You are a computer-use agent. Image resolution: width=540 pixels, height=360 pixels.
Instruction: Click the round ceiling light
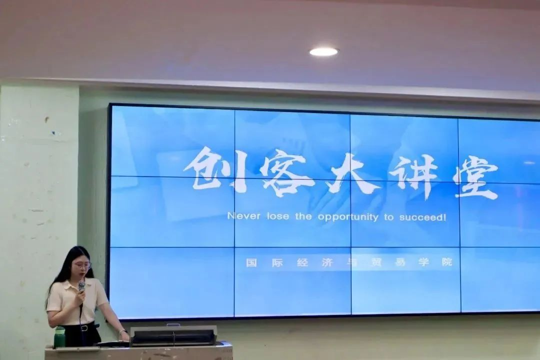click(323, 52)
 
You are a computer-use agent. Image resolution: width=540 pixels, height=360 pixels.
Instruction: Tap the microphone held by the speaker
click(81, 287)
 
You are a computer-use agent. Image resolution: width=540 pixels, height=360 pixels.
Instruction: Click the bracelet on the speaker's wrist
click(122, 331)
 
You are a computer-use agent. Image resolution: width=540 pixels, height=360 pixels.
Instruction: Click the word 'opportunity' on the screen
click(348, 217)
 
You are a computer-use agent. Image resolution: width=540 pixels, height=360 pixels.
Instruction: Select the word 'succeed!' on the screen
click(422, 217)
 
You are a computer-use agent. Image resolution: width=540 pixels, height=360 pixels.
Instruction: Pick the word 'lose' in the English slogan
click(278, 216)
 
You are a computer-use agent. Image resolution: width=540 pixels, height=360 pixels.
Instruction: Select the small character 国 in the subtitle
click(251, 263)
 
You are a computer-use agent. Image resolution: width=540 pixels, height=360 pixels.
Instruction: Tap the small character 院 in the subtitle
click(446, 262)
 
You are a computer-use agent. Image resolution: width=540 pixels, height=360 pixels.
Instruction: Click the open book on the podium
click(112, 343)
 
